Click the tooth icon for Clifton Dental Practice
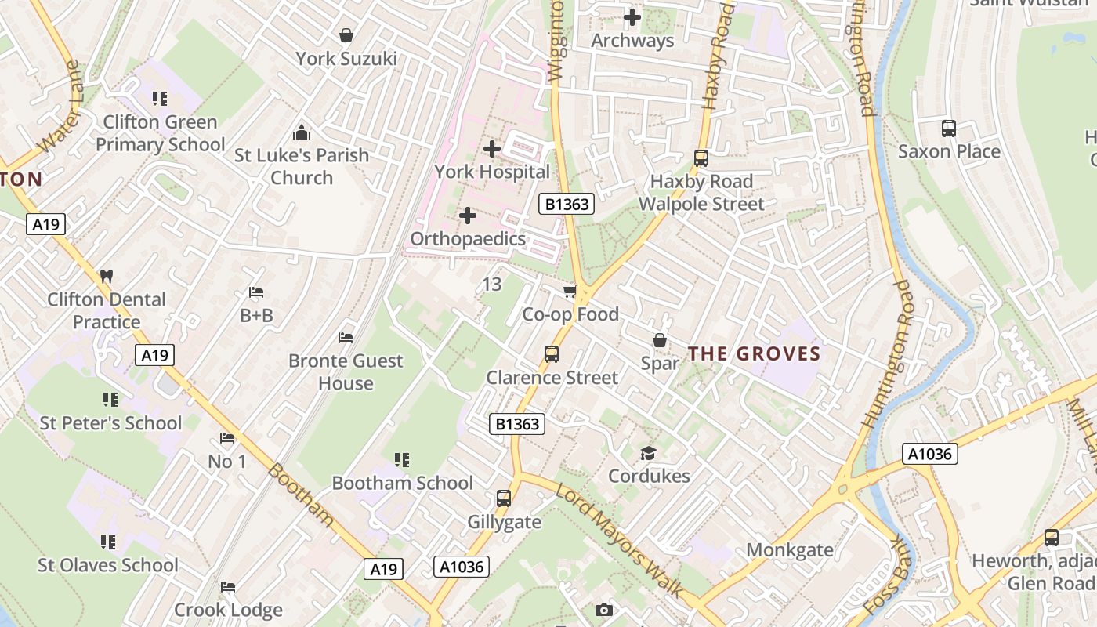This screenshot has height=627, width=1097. point(107,276)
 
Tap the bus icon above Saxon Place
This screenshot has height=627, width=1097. point(949,128)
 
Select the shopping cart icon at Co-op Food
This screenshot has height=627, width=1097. point(570,292)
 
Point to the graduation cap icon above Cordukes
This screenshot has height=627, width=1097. point(648,453)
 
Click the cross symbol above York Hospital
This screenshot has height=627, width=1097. point(492,148)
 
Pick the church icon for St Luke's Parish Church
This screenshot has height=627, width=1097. point(302,132)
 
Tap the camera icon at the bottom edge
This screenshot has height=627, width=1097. point(603,610)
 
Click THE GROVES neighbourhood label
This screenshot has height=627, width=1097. point(754,353)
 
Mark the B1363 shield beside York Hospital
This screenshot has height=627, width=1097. point(567,205)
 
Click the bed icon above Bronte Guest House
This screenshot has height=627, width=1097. point(346,338)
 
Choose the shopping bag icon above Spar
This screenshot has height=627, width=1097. point(660,340)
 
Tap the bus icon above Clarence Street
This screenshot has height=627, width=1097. point(552,354)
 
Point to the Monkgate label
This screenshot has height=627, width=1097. point(790,549)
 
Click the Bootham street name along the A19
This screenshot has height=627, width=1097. point(300,495)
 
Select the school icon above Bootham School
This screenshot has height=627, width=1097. point(402,459)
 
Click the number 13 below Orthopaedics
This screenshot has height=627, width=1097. point(491,284)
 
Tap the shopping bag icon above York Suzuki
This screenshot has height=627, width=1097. point(346,35)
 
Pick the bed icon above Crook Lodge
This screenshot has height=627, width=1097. point(228,586)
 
